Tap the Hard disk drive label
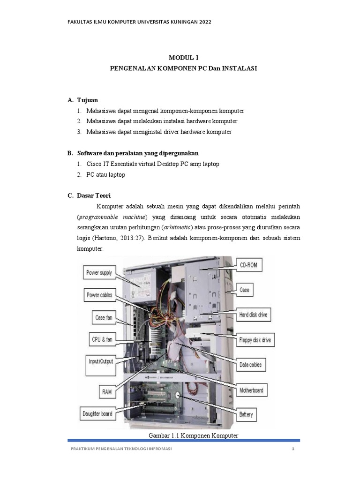point(253,315)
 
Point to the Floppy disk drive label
point(255,340)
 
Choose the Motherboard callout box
point(251,390)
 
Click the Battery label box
point(246,414)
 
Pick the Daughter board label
point(97,414)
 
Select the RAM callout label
point(107,391)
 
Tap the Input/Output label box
point(101,361)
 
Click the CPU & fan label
point(101,338)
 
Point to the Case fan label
point(104,317)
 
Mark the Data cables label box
point(250,365)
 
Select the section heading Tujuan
point(88,100)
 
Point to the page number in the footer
point(292,450)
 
